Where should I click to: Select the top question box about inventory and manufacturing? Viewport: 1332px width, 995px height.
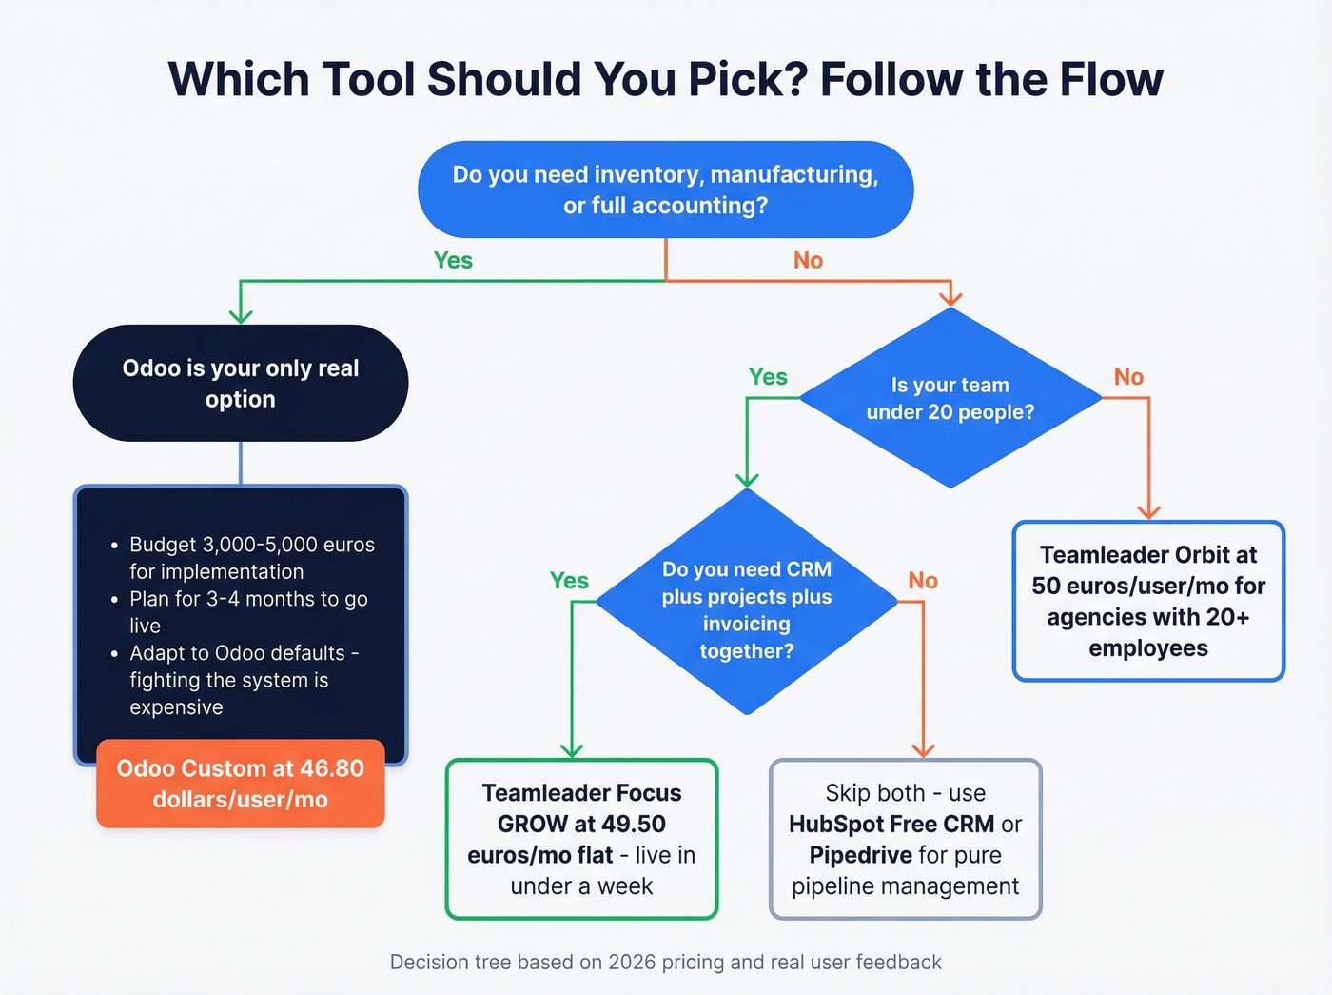665,189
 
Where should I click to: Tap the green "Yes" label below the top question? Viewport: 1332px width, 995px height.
453,260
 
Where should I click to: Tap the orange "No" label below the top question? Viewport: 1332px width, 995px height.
808,260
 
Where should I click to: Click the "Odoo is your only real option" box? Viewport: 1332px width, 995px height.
241,383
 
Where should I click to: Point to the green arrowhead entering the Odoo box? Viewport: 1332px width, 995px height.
241,315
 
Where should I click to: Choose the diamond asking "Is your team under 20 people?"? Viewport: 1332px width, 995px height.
950,398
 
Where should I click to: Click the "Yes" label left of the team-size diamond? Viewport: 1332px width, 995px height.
768,377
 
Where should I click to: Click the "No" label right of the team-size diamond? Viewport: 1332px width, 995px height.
1128,377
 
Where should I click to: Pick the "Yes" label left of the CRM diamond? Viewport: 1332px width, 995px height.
569,581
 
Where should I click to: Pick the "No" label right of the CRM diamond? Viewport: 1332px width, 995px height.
922,581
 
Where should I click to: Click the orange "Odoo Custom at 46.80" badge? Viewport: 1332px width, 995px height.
241,784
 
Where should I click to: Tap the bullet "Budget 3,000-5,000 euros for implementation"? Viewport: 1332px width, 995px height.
252,558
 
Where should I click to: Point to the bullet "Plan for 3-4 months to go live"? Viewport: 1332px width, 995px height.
248,612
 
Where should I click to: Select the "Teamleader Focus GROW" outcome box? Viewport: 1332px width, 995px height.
581,839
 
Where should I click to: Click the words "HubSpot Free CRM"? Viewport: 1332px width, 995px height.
891,825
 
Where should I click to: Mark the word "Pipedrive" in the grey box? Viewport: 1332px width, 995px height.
860,855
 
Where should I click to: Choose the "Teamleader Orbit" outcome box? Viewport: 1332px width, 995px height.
1148,601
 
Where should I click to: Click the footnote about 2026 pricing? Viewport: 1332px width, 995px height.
665,962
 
